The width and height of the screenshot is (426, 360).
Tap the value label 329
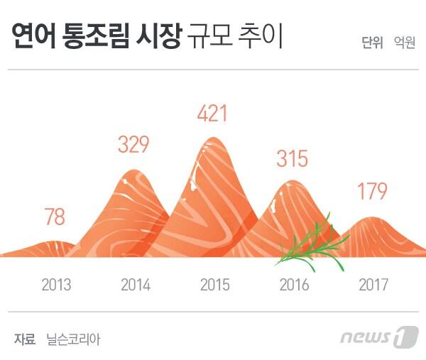[133, 145]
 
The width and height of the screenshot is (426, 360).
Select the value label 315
[292, 158]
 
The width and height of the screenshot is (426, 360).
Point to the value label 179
[372, 192]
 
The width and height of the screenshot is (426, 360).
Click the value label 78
[55, 217]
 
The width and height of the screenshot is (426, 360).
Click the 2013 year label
[56, 285]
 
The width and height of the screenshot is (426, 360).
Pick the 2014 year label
[136, 285]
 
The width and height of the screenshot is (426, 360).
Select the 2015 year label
[214, 285]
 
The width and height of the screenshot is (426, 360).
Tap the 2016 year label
[294, 285]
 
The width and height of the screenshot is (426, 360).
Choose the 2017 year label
[373, 285]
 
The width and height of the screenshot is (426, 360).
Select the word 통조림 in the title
[102, 36]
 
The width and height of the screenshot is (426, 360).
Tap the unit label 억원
[405, 43]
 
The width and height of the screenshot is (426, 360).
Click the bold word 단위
[372, 43]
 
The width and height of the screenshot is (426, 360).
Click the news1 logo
[379, 337]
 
